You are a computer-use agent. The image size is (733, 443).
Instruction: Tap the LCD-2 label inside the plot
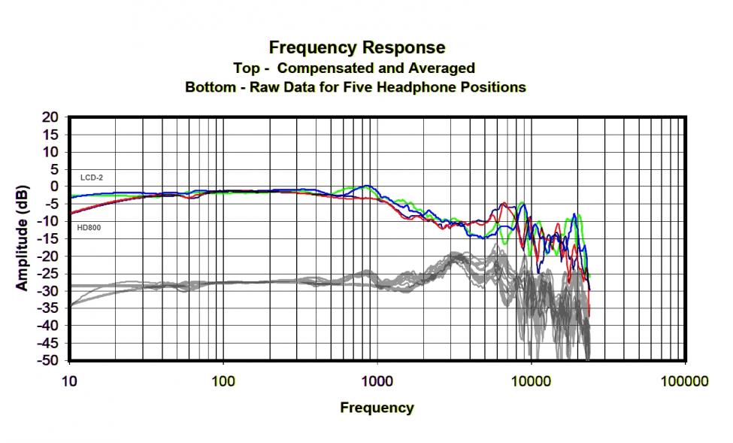coord(92,178)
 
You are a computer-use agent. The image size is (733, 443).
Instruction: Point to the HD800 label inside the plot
coord(90,226)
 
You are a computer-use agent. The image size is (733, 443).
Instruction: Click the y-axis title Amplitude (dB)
coord(23,238)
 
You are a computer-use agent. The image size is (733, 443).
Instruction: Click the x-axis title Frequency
coord(377,408)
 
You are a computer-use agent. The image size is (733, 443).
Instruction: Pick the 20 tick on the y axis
coord(50,117)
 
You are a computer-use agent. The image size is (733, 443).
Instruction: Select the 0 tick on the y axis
coord(53,187)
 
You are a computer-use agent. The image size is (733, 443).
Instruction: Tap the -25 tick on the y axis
coord(48,273)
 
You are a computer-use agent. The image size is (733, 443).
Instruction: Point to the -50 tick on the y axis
coord(48,360)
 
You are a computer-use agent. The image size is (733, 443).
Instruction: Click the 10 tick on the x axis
coord(68,381)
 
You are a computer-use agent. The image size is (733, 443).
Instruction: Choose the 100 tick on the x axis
coord(223,381)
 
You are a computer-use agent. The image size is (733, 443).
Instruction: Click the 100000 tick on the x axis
coord(685,381)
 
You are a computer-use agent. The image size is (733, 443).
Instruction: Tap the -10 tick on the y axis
coord(48,221)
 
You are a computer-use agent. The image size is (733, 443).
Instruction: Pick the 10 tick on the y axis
coord(50,152)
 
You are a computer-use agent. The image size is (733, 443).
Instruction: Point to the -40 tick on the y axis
coord(48,325)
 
